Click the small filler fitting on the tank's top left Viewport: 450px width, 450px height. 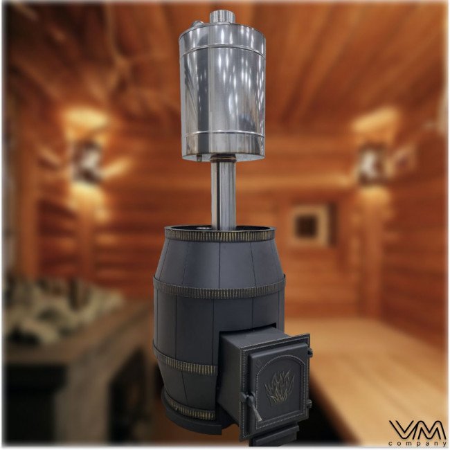198,25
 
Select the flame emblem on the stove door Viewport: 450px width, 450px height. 276,387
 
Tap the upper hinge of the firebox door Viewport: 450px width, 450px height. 309,352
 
